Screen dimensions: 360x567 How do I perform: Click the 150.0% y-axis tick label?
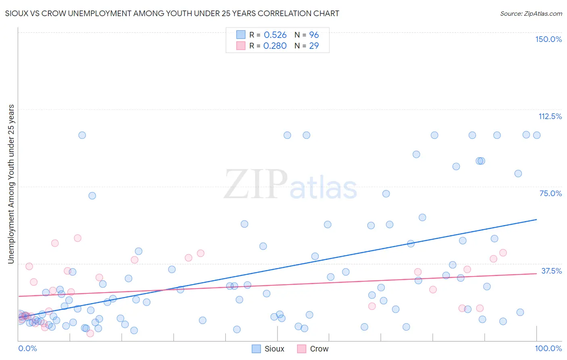tap(548, 39)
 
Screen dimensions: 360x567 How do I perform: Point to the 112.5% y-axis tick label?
tap(550, 116)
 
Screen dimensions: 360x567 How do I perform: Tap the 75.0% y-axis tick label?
tap(550, 193)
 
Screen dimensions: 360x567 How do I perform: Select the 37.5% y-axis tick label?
tap(551, 271)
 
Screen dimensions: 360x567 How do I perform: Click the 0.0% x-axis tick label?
tap(27, 348)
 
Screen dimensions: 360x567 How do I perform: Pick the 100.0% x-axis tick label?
tap(548, 348)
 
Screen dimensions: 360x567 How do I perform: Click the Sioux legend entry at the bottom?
tap(269, 349)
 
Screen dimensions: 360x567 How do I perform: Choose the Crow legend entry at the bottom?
tap(313, 349)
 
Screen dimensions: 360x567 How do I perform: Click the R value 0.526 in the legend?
tap(275, 35)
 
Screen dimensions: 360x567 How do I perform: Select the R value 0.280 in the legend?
tap(275, 46)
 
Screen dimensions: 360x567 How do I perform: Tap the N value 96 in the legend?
tap(314, 35)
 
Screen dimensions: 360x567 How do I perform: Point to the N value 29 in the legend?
tap(314, 46)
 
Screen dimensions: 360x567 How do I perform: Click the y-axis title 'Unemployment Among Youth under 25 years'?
tap(11, 184)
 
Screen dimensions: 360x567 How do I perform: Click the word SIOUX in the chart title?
tap(16, 13)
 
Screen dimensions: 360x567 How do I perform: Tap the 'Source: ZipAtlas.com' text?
tap(531, 14)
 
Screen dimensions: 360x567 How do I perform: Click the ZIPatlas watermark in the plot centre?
tap(290, 185)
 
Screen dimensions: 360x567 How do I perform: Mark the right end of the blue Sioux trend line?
tap(536, 220)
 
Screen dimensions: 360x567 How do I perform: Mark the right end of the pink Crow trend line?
tap(536, 274)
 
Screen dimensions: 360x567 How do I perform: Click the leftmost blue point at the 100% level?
tap(82, 135)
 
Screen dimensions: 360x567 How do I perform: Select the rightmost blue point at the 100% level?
tap(536, 135)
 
